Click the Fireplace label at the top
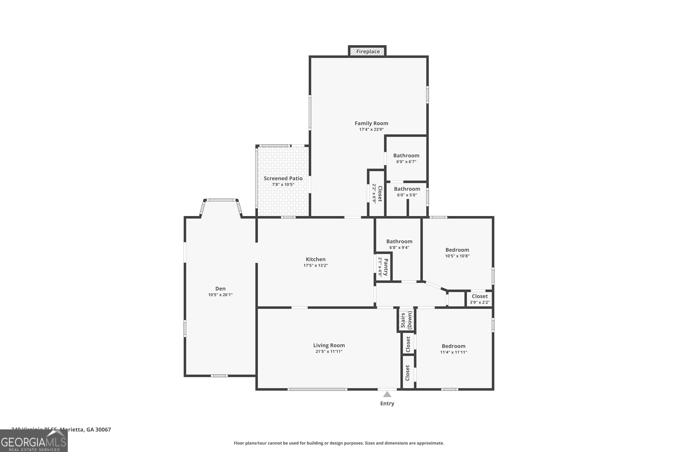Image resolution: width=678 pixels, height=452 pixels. point(368,52)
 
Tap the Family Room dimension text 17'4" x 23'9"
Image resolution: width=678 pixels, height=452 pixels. point(371,129)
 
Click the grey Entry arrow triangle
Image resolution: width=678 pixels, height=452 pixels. point(387,394)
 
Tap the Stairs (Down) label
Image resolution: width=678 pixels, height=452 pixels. point(406,320)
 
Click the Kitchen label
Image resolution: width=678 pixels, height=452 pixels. point(316,259)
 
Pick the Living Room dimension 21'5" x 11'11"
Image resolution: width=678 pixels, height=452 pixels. point(329,351)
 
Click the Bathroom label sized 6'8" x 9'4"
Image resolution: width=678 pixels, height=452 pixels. point(399,242)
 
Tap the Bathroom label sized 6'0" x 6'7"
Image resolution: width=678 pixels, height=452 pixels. point(406,156)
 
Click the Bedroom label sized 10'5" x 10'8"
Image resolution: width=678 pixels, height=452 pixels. point(457,250)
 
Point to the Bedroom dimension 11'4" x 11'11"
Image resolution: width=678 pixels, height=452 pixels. point(453,352)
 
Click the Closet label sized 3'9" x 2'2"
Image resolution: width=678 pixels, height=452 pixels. point(480,296)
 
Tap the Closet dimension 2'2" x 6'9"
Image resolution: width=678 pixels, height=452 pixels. point(374,193)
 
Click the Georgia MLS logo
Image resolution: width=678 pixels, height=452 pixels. point(34,441)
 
